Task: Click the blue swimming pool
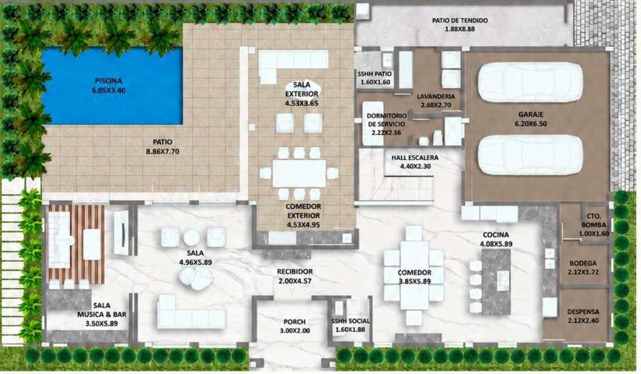point(112,86)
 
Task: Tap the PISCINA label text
point(108,81)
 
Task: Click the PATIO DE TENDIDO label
point(460,20)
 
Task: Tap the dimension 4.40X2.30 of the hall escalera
point(415,166)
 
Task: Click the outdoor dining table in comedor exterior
point(299,173)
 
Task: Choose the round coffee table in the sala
point(191,237)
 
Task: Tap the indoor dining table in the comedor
point(414,275)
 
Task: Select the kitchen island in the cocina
point(496,282)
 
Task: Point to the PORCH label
point(294,322)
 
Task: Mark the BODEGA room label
point(583,264)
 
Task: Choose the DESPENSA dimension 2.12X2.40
point(583,320)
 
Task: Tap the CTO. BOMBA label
point(594,220)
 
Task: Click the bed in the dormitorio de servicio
point(373,123)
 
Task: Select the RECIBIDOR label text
point(295,272)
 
